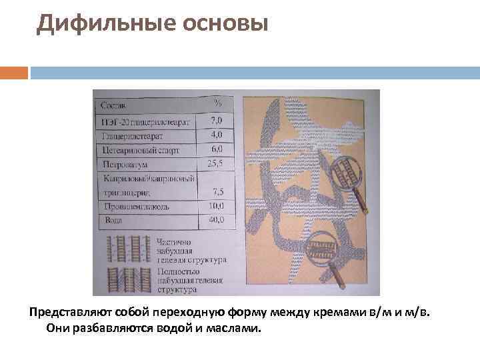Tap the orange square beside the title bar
point(14,72)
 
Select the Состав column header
point(114,105)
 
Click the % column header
point(217,103)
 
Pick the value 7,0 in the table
point(217,121)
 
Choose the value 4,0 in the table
point(217,135)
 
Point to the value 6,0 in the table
point(217,149)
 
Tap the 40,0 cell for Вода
point(217,219)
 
